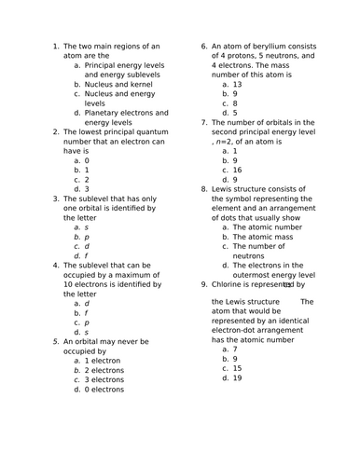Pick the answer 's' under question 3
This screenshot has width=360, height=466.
pyautogui.click(x=87, y=226)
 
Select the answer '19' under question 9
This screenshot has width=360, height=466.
pyautogui.click(x=237, y=378)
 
